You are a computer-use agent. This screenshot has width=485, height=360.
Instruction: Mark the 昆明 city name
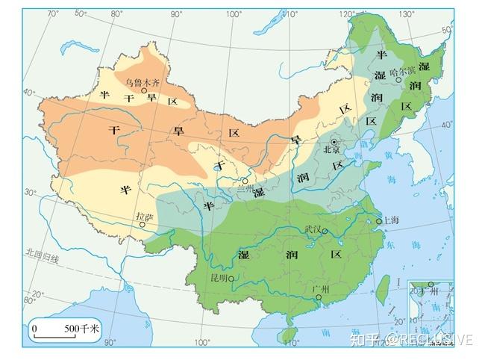click(x=221, y=279)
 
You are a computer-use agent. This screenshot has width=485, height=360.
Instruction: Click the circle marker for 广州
click(x=319, y=298)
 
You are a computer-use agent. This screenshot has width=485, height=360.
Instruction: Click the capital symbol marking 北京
click(x=335, y=140)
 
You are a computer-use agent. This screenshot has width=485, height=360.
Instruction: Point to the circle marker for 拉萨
click(x=142, y=223)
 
